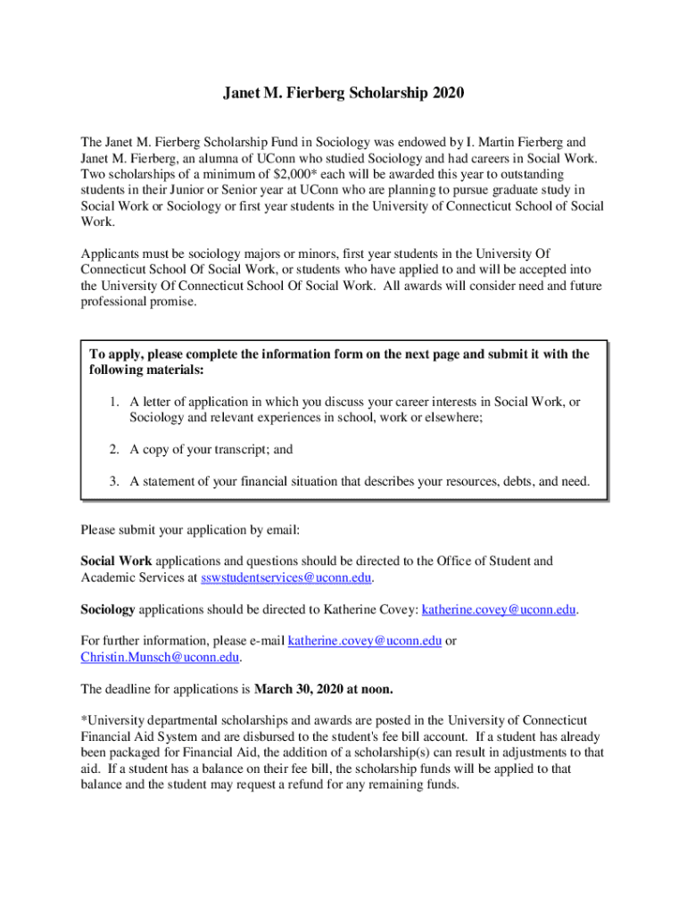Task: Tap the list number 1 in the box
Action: pos(115,403)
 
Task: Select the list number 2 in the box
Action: pos(115,450)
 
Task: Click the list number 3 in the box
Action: pos(115,482)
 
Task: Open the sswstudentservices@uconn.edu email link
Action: pos(286,577)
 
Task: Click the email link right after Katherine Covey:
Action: pos(499,610)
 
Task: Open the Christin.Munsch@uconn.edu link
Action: pos(161,657)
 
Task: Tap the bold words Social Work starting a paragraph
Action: pos(117,561)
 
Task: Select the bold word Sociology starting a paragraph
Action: pos(108,610)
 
